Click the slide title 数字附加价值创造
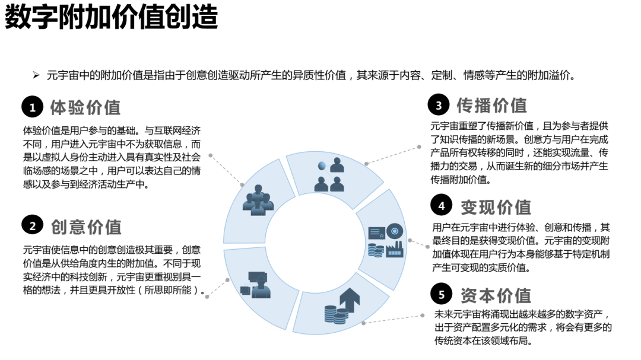112,18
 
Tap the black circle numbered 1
33,107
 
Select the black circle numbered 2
33,226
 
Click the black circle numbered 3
439,106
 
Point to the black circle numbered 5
442,294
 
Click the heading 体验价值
85,107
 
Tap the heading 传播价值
491,106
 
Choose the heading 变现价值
496,206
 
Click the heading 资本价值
496,295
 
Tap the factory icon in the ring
395,249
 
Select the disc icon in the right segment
395,231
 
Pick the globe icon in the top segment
322,165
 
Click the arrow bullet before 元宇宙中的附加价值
36,75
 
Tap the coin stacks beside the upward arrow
335,314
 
